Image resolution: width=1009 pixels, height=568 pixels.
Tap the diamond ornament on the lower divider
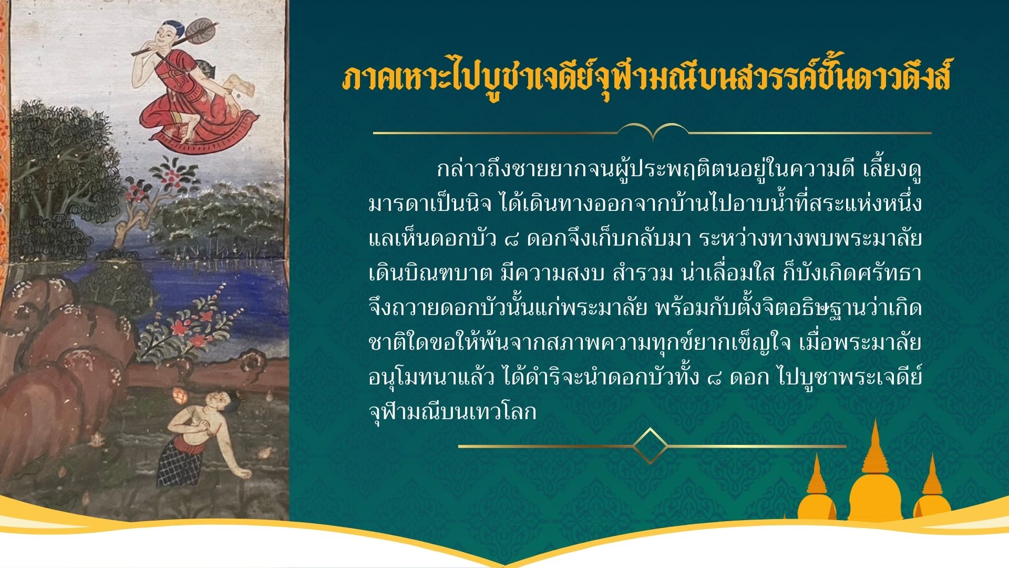click(650, 446)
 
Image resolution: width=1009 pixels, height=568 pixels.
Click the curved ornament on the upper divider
click(653, 130)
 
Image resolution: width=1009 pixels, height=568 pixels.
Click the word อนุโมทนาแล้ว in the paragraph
click(431, 378)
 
